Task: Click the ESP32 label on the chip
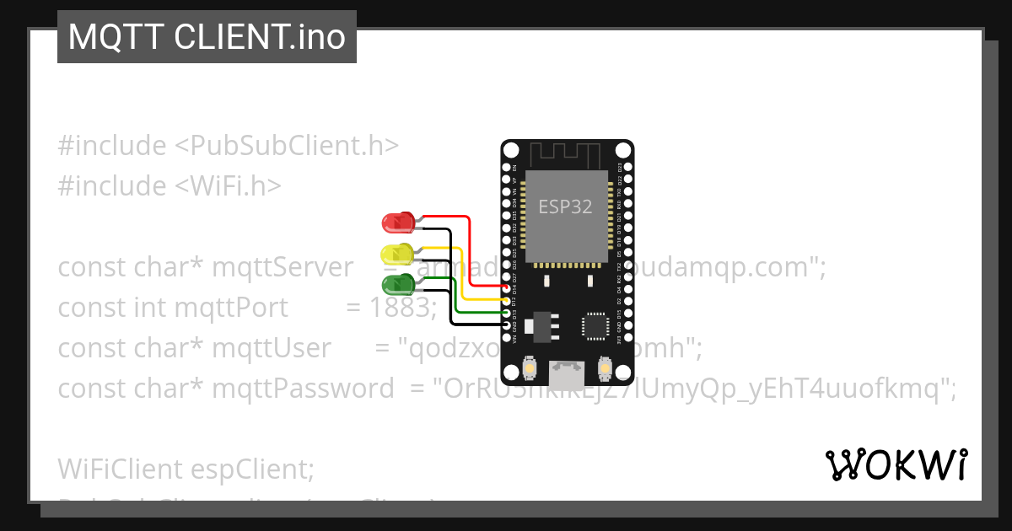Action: click(x=565, y=206)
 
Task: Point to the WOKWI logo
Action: click(x=896, y=465)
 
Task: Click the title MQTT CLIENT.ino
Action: click(x=207, y=37)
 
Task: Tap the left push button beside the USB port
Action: click(x=529, y=368)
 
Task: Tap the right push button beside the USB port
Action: click(x=604, y=368)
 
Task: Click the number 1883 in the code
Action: click(x=402, y=308)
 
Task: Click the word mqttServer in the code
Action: click(x=283, y=267)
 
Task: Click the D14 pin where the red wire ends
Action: click(x=507, y=289)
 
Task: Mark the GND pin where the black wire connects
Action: click(x=507, y=326)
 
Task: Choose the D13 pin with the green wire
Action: click(x=507, y=314)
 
